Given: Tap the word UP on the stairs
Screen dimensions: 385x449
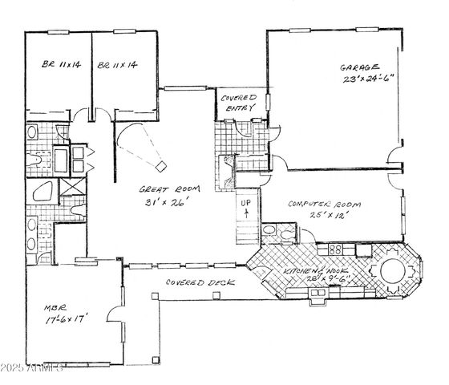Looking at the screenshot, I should pyautogui.click(x=247, y=204).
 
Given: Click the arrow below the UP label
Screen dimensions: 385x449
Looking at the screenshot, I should pyautogui.click(x=247, y=215).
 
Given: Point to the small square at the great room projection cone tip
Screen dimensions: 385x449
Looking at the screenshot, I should pyautogui.click(x=161, y=166).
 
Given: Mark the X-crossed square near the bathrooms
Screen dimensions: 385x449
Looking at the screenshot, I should pyautogui.click(x=70, y=190).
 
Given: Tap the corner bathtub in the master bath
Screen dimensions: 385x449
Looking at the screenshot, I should pyautogui.click(x=38, y=192).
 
